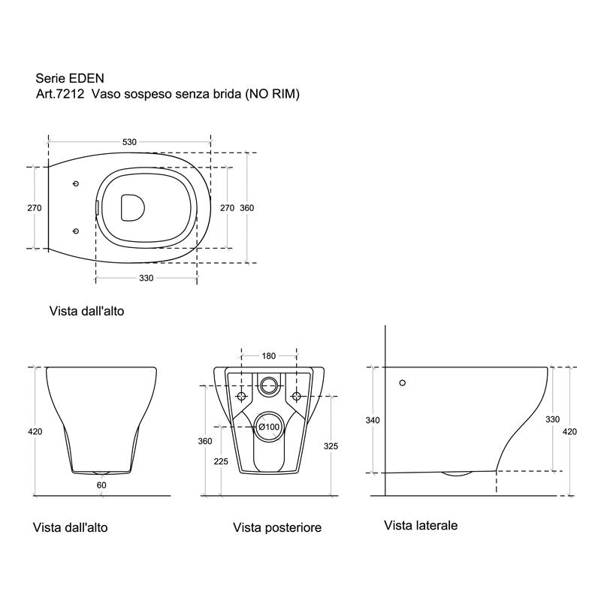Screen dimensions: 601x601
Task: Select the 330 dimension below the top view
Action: tap(146, 278)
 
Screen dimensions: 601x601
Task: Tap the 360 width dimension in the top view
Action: tap(246, 208)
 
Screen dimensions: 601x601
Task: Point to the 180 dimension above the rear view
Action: tap(268, 356)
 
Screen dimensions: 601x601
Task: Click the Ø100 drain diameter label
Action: tap(269, 427)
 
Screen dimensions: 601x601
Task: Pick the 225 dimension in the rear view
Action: tap(221, 461)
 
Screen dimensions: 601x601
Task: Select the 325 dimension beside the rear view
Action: tap(331, 446)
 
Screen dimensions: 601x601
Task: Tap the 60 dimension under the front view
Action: tap(101, 485)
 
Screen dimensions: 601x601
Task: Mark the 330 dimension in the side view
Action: tap(552, 419)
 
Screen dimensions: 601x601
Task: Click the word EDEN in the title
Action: tap(85, 77)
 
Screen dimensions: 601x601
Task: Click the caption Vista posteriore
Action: tap(277, 528)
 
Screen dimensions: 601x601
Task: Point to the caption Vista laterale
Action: tap(420, 525)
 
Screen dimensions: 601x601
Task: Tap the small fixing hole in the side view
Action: tap(403, 382)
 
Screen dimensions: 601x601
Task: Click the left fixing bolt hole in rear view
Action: tap(242, 396)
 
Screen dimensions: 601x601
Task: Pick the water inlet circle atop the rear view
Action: tap(269, 385)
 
